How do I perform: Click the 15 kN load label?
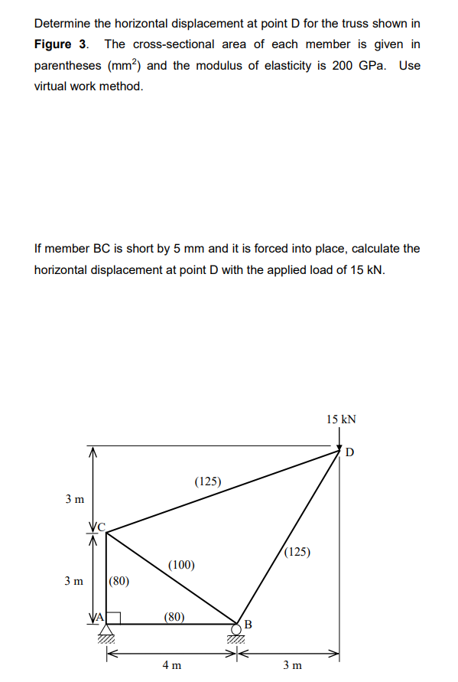click(341, 419)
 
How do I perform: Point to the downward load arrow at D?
click(340, 440)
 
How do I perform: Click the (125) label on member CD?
click(207, 481)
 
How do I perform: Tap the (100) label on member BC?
click(181, 566)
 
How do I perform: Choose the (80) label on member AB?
click(174, 615)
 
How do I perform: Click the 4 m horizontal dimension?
click(172, 665)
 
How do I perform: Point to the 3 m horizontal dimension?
click(292, 665)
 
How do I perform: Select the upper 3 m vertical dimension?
click(74, 499)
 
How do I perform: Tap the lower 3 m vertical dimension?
click(74, 581)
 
